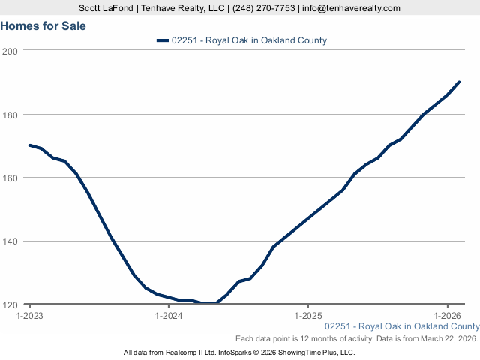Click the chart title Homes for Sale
43,25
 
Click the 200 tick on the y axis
10,51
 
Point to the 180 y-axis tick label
10,115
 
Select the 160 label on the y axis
10,178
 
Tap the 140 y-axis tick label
10,241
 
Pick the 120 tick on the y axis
10,305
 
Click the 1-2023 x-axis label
29,316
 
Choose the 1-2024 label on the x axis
169,316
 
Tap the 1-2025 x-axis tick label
308,316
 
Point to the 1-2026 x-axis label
447,316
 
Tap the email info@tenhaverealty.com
351,8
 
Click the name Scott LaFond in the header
106,8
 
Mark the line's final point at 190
459,82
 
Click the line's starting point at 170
29,145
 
